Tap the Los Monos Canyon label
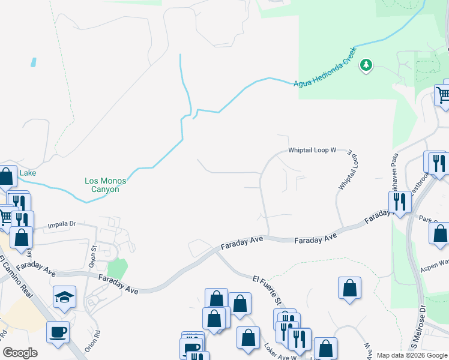[101, 185]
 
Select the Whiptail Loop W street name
[312, 150]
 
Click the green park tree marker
[366, 65]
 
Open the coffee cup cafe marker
[58, 332]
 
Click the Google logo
[20, 352]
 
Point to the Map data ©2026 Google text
[411, 355]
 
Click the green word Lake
[28, 173]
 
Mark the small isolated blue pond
[32, 62]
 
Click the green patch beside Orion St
[117, 268]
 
